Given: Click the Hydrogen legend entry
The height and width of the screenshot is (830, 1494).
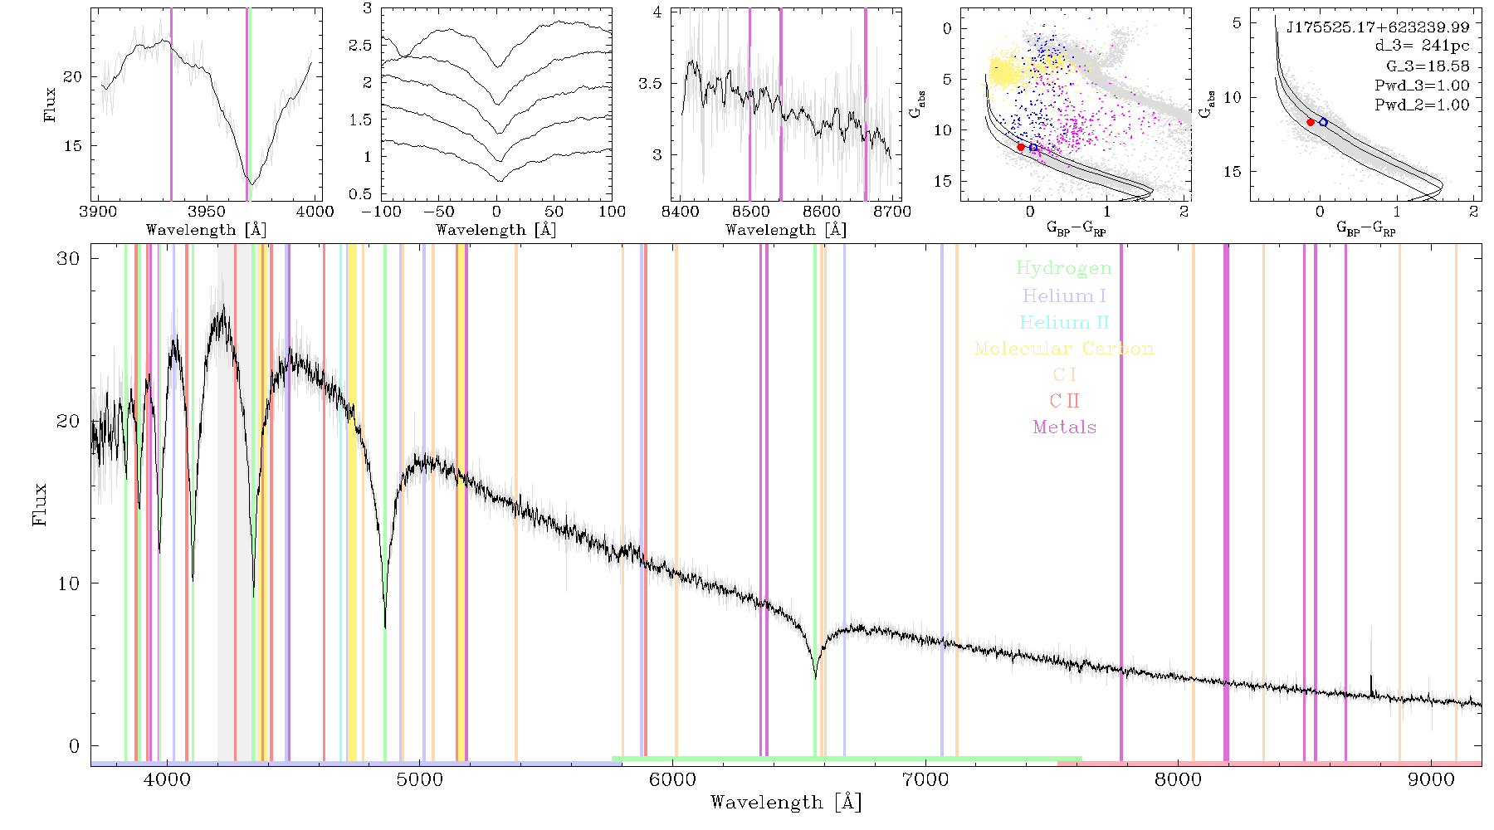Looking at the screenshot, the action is [x=1063, y=268].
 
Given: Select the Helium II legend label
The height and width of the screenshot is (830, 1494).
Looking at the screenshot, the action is [x=1063, y=322].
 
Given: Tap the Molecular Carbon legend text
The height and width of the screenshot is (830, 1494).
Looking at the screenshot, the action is [x=1064, y=349].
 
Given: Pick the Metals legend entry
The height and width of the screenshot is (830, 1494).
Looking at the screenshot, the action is [x=1064, y=427].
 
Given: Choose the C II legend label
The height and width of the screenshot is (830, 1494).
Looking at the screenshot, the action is [x=1064, y=401].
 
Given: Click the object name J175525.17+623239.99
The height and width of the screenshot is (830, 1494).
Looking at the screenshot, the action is [x=1377, y=27].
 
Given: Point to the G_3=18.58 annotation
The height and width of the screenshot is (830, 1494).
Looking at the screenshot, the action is [x=1428, y=66].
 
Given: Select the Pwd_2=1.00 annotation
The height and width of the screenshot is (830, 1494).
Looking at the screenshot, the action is [x=1422, y=105].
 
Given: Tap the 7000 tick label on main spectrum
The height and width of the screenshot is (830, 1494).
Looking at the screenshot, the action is [x=925, y=779].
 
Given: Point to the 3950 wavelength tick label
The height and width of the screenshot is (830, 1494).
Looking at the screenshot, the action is [x=207, y=212].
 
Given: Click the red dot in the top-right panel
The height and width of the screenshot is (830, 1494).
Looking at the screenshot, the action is [x=1311, y=122].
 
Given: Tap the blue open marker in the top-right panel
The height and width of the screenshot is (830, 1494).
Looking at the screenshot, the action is [x=1323, y=122].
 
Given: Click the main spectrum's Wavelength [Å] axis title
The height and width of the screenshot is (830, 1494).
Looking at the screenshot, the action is [x=786, y=803].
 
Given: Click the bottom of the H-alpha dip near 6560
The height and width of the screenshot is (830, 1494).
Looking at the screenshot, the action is [x=815, y=677].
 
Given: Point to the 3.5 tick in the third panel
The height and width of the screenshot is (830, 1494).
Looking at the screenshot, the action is [x=650, y=84].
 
